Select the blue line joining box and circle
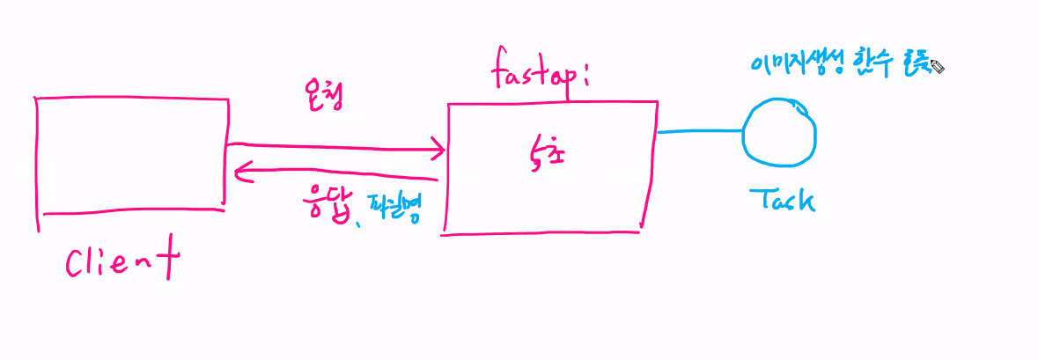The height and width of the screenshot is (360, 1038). click(700, 132)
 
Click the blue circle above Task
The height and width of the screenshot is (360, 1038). click(779, 134)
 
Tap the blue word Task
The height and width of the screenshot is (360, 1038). click(782, 201)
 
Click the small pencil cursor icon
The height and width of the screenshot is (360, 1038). click(937, 67)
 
